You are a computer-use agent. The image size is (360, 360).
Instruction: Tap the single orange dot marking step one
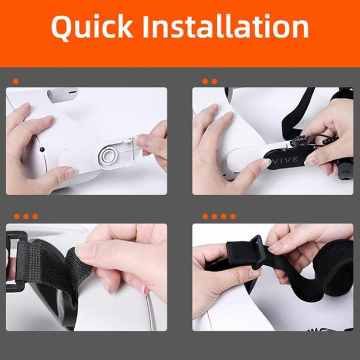(x=16, y=81)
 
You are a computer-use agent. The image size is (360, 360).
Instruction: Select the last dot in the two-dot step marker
(x=214, y=81)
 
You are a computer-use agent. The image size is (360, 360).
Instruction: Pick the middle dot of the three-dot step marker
(x=26, y=217)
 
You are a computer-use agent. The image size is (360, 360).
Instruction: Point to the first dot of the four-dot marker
(x=205, y=217)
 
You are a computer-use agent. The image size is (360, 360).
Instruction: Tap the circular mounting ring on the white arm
(x=109, y=155)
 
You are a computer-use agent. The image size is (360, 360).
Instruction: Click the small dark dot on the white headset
(x=42, y=150)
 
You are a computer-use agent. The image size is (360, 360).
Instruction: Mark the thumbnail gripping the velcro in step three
(x=87, y=251)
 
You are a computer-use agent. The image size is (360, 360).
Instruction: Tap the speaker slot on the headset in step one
(x=71, y=93)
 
